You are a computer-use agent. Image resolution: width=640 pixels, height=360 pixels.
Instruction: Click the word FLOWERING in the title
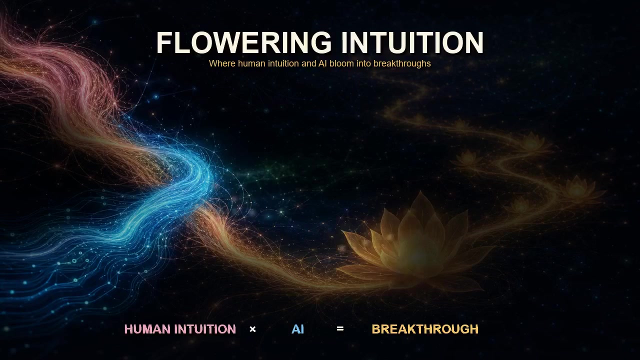pyautogui.click(x=244, y=42)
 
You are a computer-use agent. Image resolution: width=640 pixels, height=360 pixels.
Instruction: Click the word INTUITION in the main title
pyautogui.click(x=412, y=42)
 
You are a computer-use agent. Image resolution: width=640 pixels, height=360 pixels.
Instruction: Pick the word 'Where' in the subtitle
pyautogui.click(x=222, y=63)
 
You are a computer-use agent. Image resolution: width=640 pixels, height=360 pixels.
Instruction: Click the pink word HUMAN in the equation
pyautogui.click(x=147, y=329)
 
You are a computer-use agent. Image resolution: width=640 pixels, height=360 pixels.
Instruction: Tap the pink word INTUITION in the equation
pyautogui.click(x=205, y=329)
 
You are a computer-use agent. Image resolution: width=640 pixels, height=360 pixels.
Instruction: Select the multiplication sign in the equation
pyautogui.click(x=252, y=329)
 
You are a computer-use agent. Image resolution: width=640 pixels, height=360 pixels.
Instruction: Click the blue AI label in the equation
pyautogui.click(x=297, y=329)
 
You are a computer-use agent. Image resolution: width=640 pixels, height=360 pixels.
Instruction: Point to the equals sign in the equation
pyautogui.click(x=340, y=329)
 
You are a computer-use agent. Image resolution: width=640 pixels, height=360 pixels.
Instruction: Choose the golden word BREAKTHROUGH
pyautogui.click(x=425, y=329)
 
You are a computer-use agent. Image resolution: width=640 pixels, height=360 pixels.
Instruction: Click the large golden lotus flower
pyautogui.click(x=414, y=245)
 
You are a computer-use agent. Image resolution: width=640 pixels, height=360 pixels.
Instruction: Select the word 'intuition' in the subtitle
pyautogui.click(x=283, y=63)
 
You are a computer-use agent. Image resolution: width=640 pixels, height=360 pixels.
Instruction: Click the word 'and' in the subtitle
pyautogui.click(x=308, y=63)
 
